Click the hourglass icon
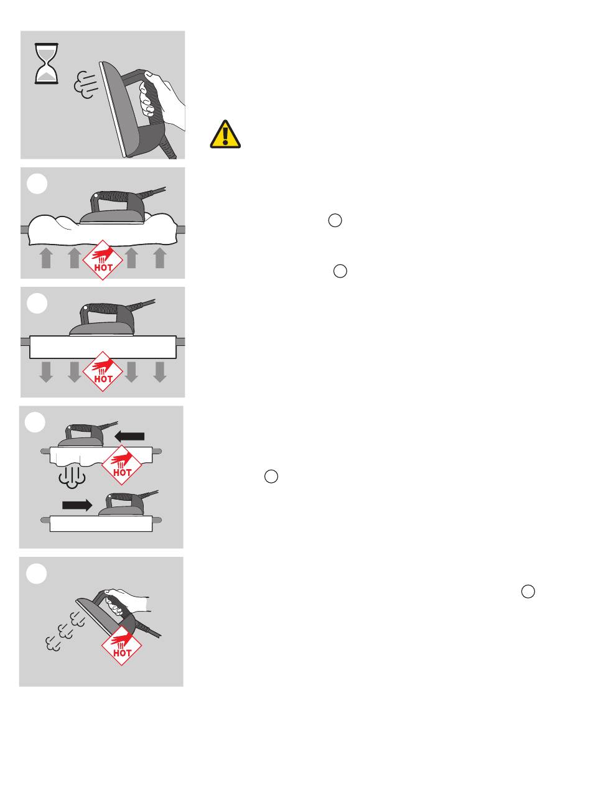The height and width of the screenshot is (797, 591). [46, 63]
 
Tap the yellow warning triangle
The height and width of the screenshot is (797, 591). [225, 134]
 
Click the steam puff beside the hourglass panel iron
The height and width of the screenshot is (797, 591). [85, 85]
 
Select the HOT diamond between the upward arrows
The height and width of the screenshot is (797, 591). [103, 260]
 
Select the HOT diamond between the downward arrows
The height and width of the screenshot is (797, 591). [103, 371]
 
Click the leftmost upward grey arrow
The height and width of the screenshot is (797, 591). [46, 258]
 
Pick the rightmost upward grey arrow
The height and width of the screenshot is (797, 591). [160, 258]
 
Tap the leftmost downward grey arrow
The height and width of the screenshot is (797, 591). [46, 372]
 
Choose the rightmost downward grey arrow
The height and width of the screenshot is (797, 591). [160, 372]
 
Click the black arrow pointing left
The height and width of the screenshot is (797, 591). [129, 437]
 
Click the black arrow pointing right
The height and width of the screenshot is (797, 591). [77, 505]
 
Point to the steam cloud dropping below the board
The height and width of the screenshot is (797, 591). [72, 477]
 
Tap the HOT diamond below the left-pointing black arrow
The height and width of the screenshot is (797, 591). [122, 465]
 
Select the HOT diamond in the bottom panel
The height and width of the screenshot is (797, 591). [122, 645]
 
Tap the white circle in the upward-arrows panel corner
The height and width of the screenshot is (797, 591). [37, 184]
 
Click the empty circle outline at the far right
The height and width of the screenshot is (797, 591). [528, 592]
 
